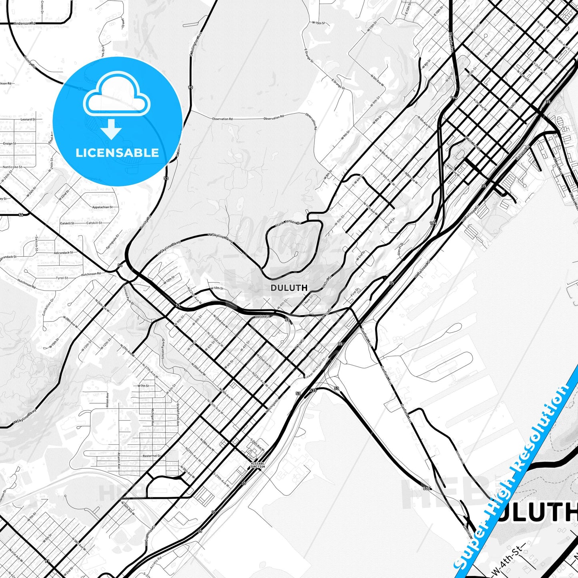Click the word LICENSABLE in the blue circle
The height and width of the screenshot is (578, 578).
117,153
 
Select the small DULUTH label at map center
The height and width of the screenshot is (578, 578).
289,288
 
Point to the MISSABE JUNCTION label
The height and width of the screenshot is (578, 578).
258,465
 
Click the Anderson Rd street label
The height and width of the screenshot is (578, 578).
24,24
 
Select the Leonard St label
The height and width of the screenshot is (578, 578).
28,119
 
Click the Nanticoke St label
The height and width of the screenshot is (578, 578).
12,167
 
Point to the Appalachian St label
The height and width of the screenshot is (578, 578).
102,207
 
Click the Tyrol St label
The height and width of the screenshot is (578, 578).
62,278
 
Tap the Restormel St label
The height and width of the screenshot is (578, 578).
152,456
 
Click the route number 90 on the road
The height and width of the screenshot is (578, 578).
190,87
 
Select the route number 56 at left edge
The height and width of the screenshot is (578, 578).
21,215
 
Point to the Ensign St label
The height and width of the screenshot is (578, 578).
9,143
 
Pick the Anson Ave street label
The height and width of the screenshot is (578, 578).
108,400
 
